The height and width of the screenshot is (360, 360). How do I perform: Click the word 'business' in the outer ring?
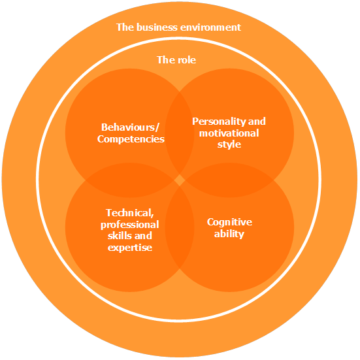tap(157, 27)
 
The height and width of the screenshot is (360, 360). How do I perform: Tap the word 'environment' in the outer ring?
tap(210, 27)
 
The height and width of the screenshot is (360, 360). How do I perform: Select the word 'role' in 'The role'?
tap(186, 60)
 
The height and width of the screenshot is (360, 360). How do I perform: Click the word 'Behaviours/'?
tap(130, 127)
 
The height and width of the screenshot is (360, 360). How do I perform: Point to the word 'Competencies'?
tap(131, 139)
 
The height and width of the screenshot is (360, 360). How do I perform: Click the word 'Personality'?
tap(219, 122)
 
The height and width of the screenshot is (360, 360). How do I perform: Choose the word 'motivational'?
tap(229, 133)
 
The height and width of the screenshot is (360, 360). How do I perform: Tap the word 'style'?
tap(229, 144)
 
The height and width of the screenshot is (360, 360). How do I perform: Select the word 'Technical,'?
tap(130, 213)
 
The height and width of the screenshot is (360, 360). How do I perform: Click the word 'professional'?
tap(130, 225)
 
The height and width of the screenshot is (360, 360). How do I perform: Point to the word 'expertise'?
tap(130, 248)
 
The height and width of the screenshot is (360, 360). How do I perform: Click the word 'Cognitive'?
tap(229, 222)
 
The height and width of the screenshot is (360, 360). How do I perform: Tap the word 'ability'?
tap(229, 234)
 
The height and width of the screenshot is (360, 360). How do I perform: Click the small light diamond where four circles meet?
tap(180, 180)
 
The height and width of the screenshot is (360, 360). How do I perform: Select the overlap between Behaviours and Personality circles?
tap(180, 133)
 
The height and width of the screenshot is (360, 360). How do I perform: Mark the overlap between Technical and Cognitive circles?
tap(180, 227)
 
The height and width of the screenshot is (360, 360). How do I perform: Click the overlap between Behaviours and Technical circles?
tap(130, 180)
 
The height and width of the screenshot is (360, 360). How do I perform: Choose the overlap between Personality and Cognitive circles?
tap(229, 180)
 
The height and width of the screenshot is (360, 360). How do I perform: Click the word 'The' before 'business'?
tap(125, 27)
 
